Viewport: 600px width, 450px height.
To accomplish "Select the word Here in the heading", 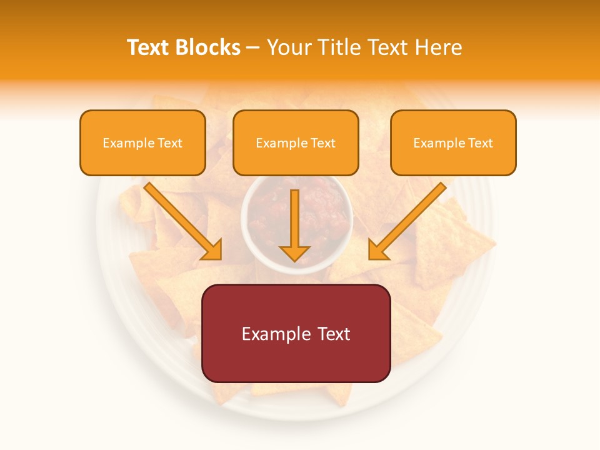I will coord(439,47).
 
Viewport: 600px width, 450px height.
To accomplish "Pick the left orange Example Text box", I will coord(142,142).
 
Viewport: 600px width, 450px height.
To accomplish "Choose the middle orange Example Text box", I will coord(296,142).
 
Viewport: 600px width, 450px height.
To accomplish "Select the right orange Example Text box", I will coord(453,142).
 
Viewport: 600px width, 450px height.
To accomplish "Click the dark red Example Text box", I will coord(296,333).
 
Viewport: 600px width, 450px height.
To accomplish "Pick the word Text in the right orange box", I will coord(480,143).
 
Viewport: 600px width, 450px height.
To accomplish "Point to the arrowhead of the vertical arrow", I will coord(294,252).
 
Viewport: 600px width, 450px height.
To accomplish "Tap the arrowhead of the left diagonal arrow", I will coord(213,250).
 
